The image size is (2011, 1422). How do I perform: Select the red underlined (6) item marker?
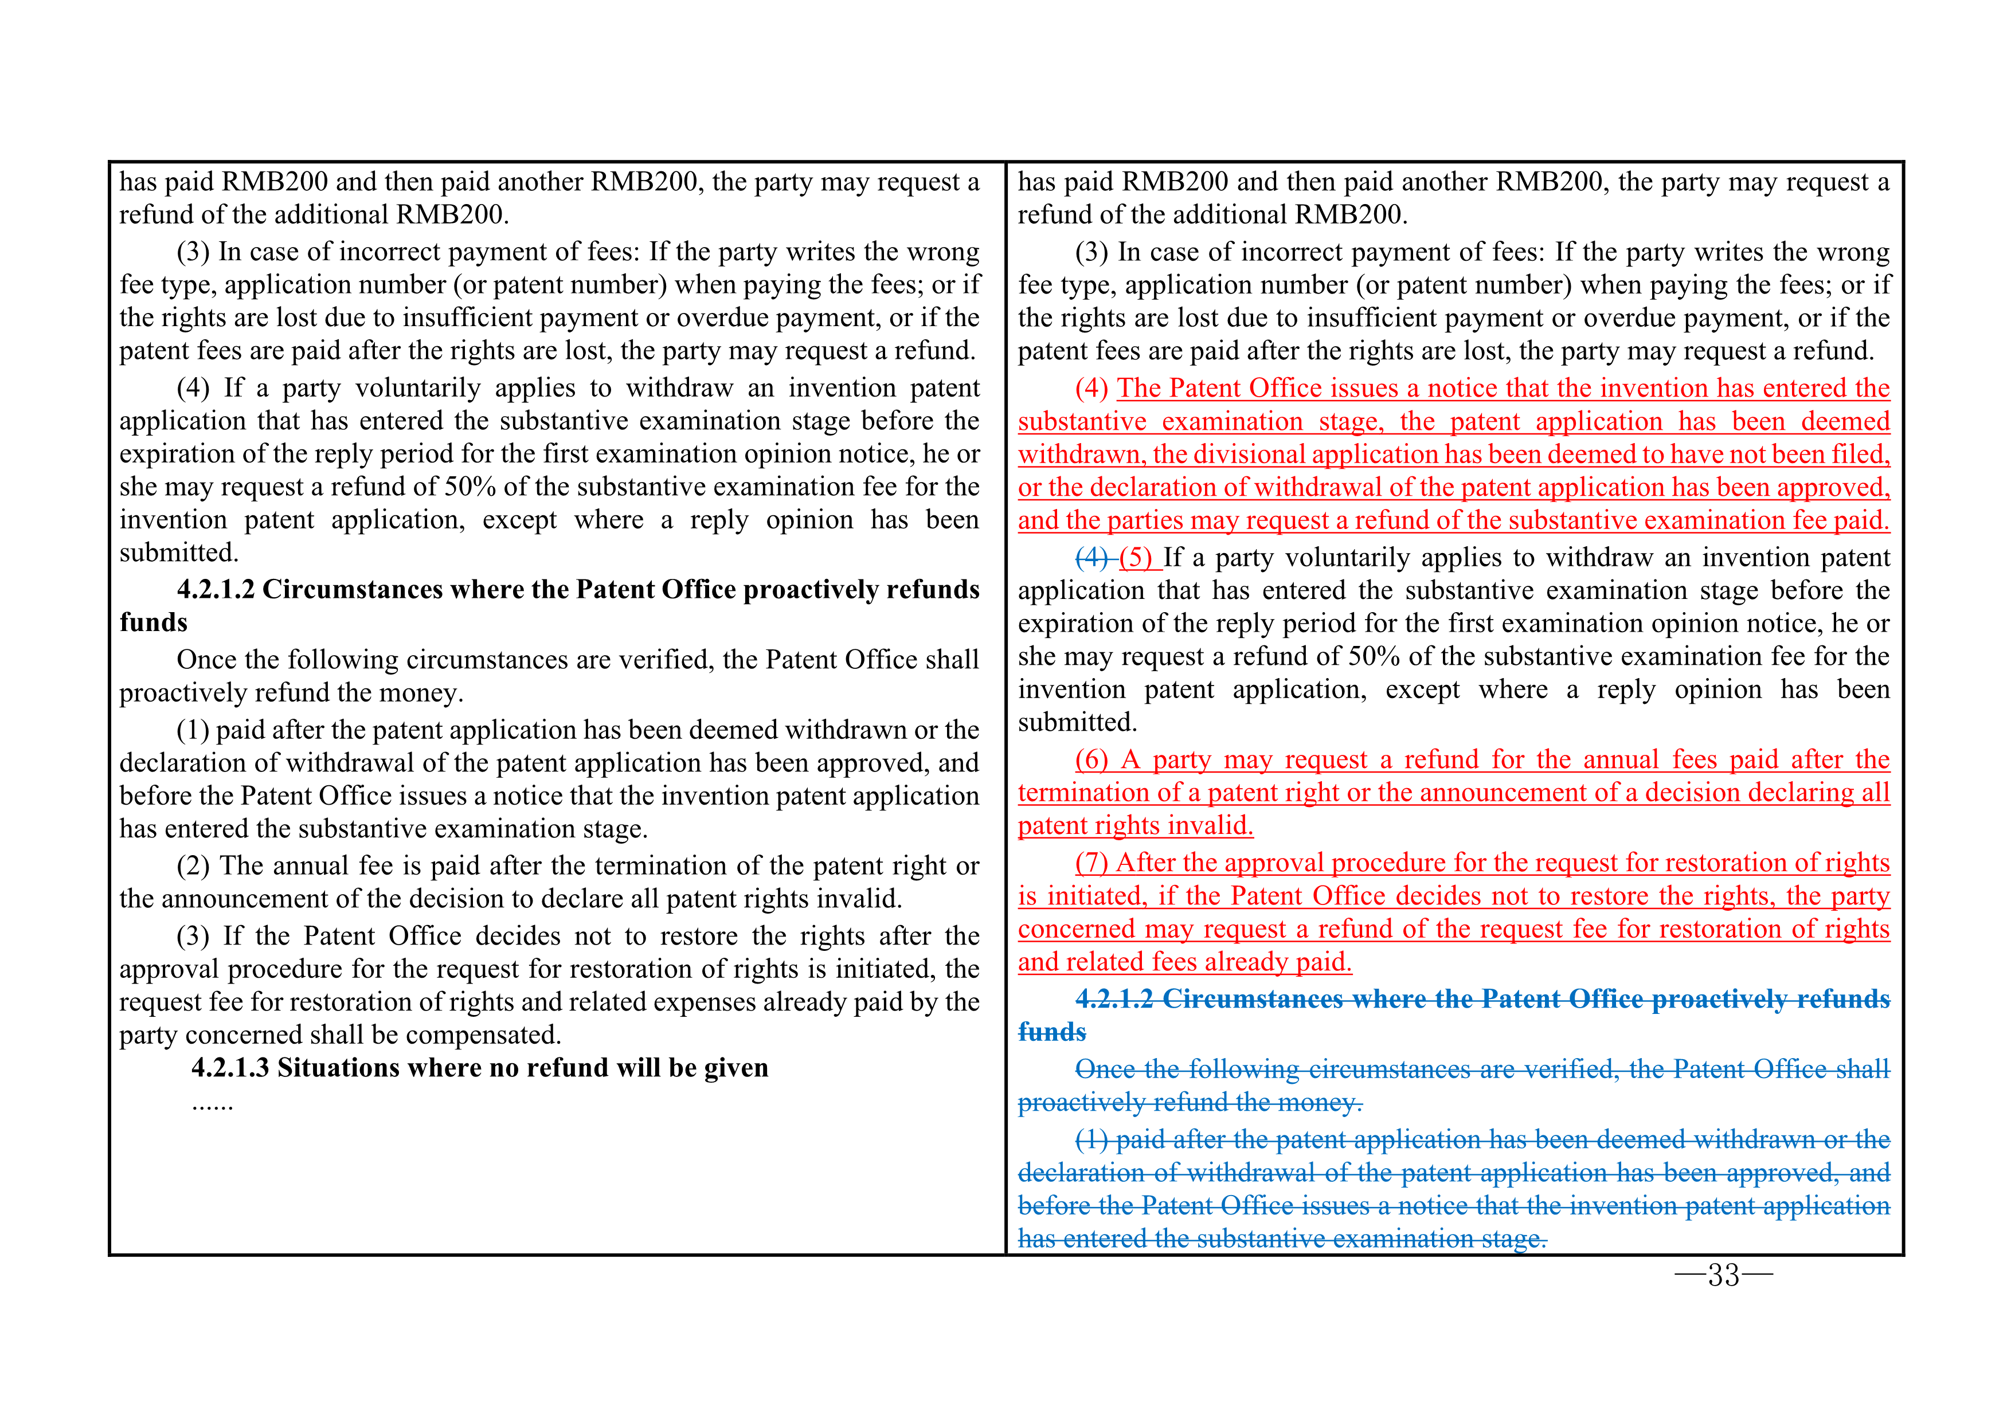[x=1092, y=760]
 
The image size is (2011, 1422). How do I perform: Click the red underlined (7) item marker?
[x=1092, y=863]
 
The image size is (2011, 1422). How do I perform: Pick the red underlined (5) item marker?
[x=1136, y=558]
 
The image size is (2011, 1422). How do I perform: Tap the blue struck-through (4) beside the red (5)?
[x=1092, y=558]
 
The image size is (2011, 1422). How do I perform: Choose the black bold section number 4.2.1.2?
[x=216, y=589]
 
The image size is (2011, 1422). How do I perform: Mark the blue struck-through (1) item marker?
[x=1092, y=1140]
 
